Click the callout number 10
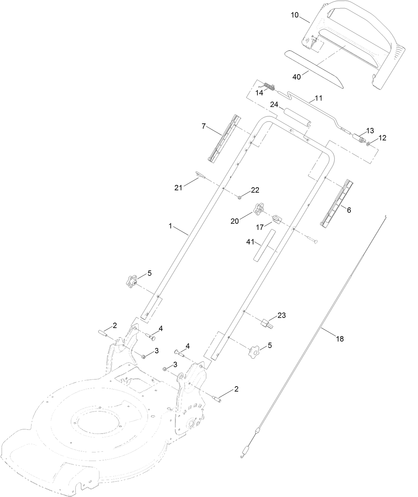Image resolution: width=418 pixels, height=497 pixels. point(295,15)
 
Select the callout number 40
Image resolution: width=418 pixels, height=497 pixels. point(296,77)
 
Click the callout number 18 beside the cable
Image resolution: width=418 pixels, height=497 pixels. point(340,339)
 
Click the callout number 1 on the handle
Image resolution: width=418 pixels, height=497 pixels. point(170,226)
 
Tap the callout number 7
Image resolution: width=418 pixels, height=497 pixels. point(204,126)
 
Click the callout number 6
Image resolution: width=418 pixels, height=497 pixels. point(348,210)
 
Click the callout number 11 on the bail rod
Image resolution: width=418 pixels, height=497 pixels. point(318,98)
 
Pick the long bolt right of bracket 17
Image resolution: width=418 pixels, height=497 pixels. point(312,239)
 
